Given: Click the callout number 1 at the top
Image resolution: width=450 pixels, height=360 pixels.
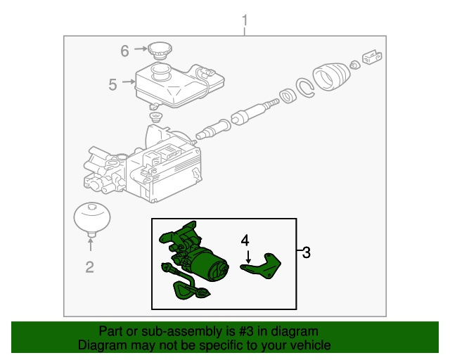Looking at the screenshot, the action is pos(245,21).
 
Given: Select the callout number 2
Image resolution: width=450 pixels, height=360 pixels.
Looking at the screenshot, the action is pos(89,267).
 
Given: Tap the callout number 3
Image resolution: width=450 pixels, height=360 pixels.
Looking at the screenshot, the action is pos(307,252).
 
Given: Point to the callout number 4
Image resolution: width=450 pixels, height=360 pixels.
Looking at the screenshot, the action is pos(245,240).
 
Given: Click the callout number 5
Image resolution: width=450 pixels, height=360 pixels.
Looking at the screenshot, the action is pos(112,84).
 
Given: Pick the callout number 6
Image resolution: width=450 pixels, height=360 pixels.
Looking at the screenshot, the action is pos(124,51).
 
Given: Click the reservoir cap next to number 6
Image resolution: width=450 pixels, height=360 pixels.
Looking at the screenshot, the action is pos(160,51).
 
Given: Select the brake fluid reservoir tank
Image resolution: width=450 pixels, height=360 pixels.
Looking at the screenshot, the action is pos(179,86).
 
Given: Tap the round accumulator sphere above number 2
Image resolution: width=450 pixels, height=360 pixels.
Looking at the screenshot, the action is pos(92,219).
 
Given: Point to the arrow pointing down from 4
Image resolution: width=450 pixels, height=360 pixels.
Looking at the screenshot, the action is pos(248,257).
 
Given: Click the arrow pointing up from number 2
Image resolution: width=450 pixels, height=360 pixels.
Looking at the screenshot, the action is pos(91,245).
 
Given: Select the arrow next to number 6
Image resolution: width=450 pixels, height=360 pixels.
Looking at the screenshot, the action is pos(141,49).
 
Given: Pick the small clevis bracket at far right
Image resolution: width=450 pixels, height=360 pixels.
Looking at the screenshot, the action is pos(372,57).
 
